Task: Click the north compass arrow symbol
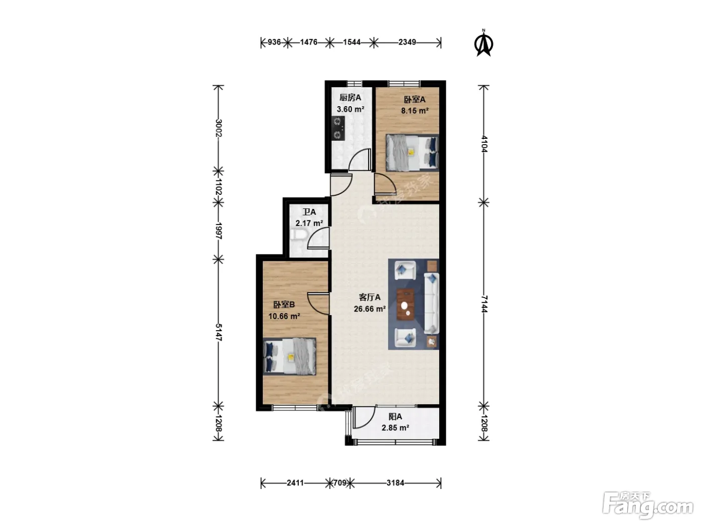(x=483, y=43)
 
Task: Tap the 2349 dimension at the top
(x=407, y=42)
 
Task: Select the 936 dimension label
(x=274, y=42)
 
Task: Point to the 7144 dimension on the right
(x=484, y=304)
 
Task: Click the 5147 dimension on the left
(x=219, y=332)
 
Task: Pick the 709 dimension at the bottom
(x=339, y=482)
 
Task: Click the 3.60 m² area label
(x=350, y=109)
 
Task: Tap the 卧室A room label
(x=415, y=100)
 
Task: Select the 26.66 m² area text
(x=370, y=309)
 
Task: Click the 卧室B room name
(x=284, y=305)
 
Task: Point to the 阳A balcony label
(x=395, y=416)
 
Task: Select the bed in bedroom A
(x=412, y=153)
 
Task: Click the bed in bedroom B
(x=289, y=356)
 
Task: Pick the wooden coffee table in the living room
(x=405, y=305)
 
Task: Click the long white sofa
(x=431, y=304)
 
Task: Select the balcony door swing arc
(x=364, y=417)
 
